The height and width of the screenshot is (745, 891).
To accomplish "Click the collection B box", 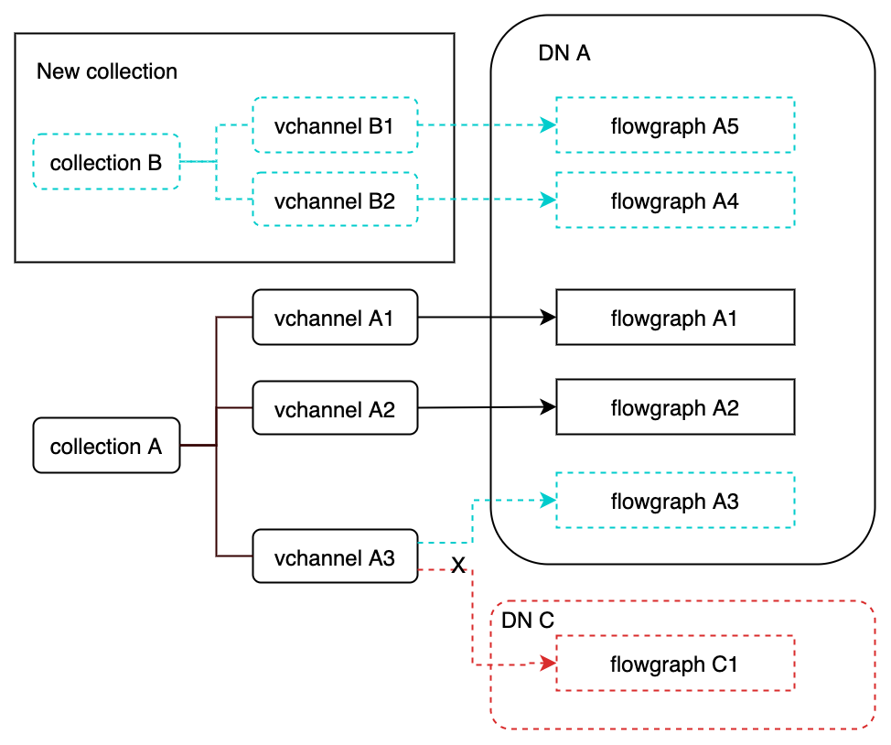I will point(106,163).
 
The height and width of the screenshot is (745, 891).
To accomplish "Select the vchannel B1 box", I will point(335,125).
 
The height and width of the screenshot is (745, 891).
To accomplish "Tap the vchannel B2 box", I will point(335,200).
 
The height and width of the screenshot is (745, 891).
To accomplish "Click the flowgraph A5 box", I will point(675,125).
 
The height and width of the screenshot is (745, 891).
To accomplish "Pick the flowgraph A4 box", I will point(675,200).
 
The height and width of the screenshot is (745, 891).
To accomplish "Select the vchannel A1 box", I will point(335,318).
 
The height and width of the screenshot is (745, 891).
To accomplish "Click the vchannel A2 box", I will point(335,409).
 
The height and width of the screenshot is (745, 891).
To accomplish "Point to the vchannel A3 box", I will point(335,556).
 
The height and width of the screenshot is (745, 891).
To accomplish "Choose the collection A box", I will point(106,447).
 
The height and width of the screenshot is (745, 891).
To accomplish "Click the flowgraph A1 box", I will point(675,318).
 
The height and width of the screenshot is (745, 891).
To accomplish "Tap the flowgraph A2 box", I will point(675,407).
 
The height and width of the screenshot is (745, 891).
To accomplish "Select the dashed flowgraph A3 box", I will point(675,501).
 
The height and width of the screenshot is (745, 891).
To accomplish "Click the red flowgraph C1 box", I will point(675,664).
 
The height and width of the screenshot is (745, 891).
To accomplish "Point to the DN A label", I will point(564,53).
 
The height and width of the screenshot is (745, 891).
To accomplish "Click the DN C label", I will point(529,620).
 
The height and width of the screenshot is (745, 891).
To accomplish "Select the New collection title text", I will point(107,71).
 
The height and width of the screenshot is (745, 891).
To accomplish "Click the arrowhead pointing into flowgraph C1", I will point(549,663).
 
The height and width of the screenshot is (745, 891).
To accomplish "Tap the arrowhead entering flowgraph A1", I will point(549,318).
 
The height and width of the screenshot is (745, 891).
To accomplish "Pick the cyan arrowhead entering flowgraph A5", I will point(549,125).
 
